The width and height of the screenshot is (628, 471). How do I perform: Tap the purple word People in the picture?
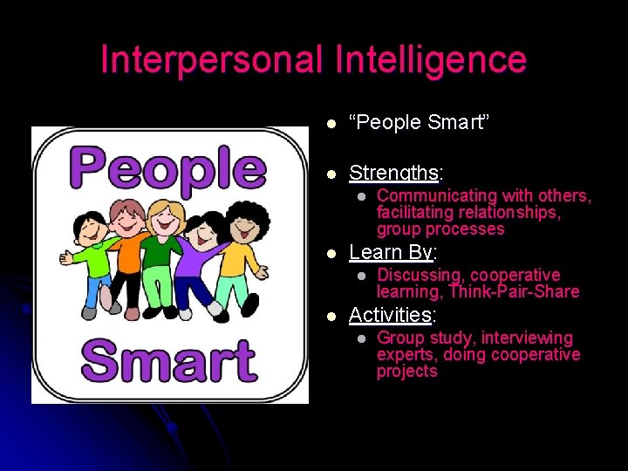pos(171,168)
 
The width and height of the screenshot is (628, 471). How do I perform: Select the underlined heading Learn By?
pos(390,252)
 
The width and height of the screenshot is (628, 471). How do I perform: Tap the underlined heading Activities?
pos(390,314)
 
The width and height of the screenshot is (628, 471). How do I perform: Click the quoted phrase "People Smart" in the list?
pos(419,123)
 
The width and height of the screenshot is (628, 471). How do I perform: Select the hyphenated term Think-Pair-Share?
pos(514,291)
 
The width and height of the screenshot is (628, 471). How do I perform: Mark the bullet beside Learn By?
pos(331,254)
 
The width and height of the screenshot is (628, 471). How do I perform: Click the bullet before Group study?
pos(359,338)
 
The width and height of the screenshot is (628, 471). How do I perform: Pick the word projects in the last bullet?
pos(406,372)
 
